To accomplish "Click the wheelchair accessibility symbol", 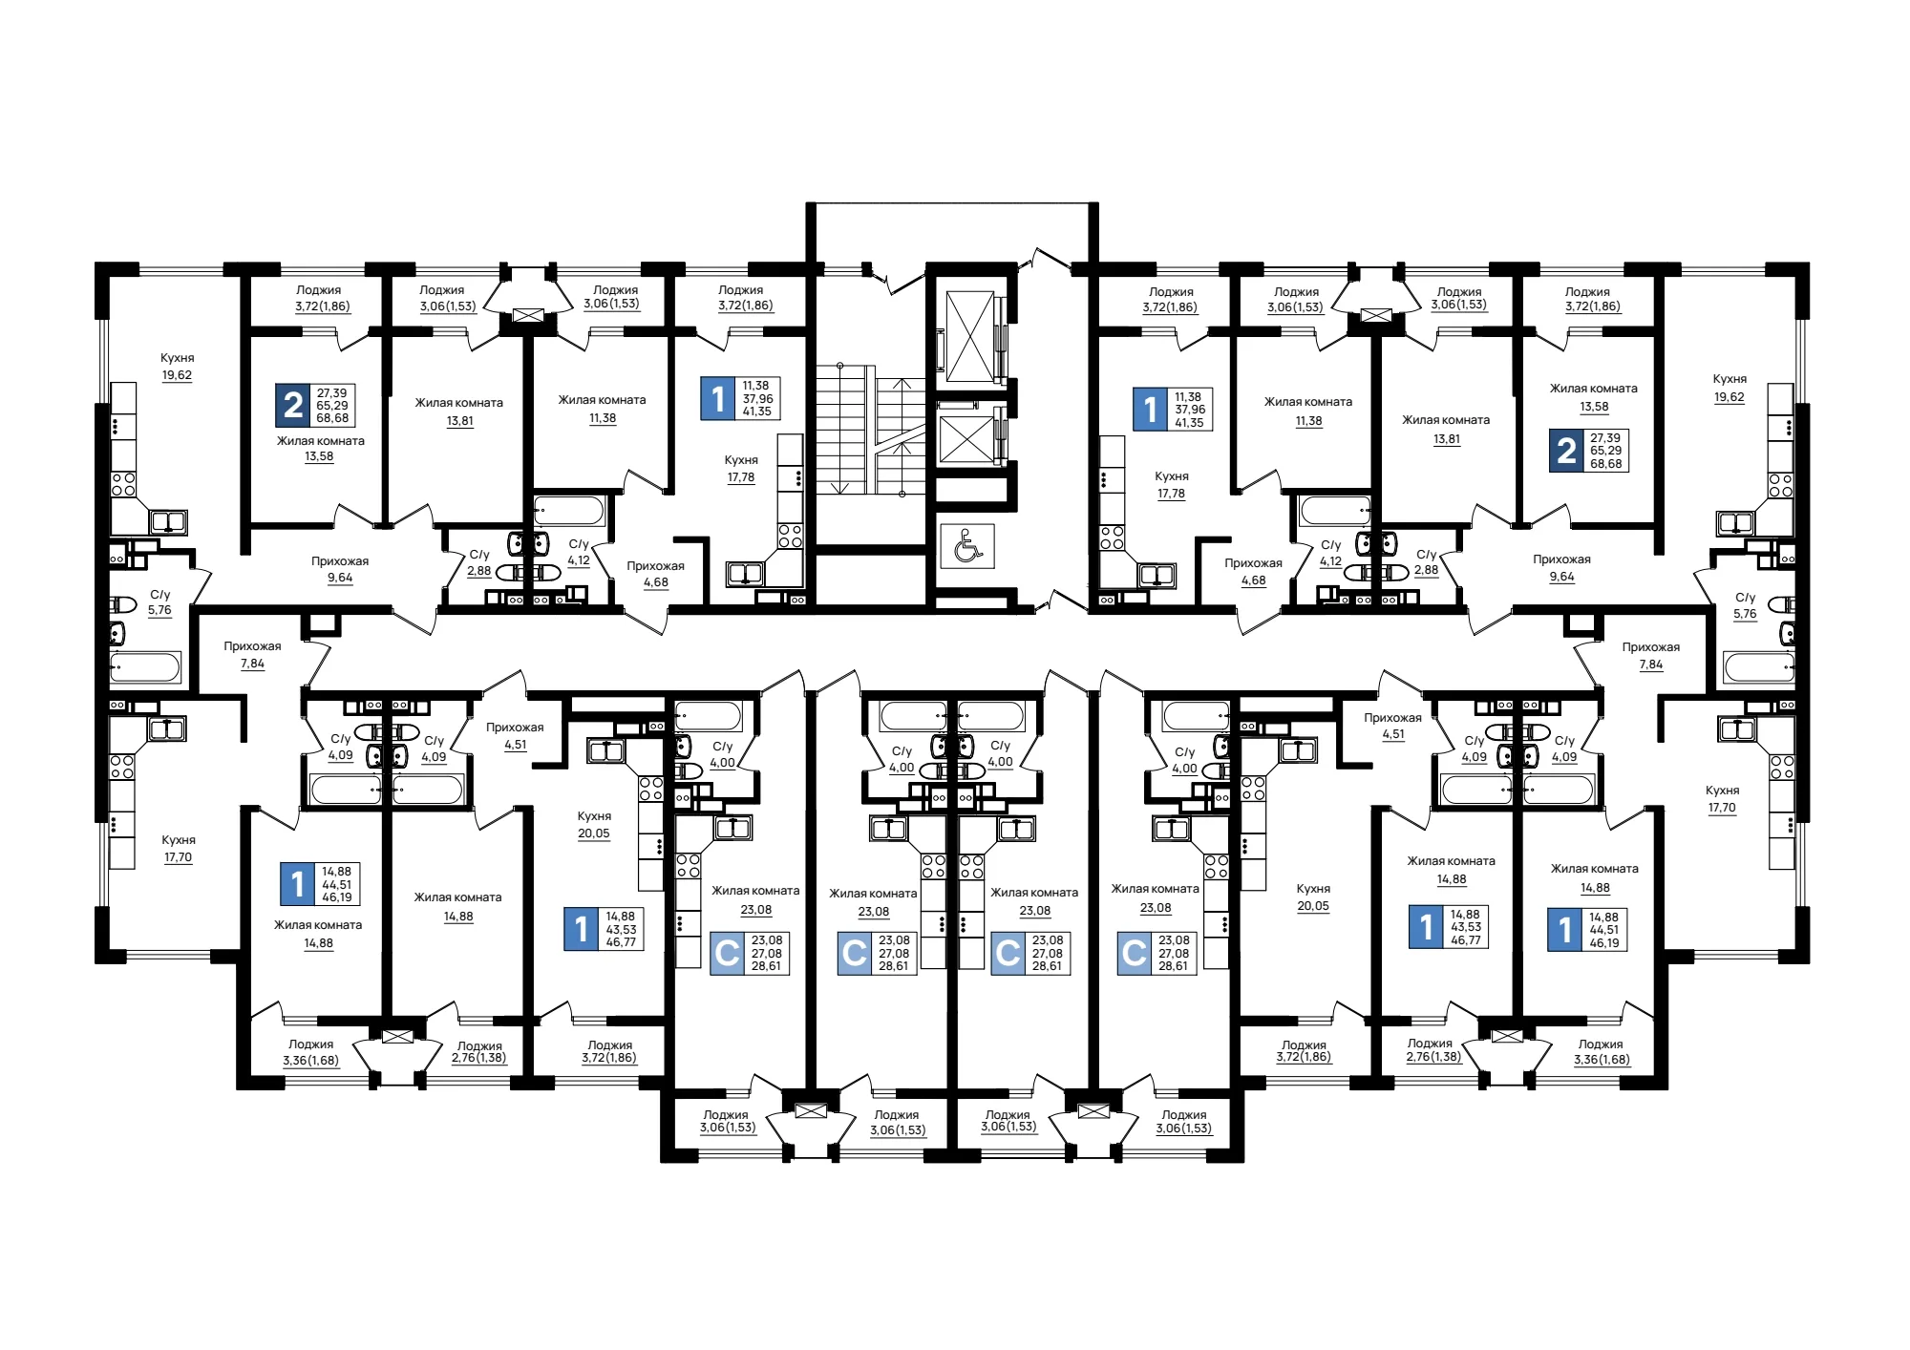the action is point(966,546).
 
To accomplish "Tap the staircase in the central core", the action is point(870,430).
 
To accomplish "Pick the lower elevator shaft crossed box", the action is point(967,438).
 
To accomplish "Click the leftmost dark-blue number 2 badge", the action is point(293,405).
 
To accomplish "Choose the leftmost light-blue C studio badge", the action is point(727,953).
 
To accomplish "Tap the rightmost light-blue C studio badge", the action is point(1135,953).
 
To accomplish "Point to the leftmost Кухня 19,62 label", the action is point(177,367).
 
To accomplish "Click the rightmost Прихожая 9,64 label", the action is point(1561,568).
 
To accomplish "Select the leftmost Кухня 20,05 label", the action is point(594,825).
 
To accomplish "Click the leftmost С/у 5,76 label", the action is point(159,602).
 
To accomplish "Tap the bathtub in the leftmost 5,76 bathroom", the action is point(145,667).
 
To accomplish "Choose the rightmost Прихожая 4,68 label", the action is point(1253,572).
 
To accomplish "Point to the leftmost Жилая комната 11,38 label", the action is point(602,409).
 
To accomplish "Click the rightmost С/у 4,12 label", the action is point(1330,553).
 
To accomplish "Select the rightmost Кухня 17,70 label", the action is point(1722,799).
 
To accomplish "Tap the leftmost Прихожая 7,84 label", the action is point(252,655).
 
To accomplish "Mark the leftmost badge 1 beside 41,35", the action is point(718,398).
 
